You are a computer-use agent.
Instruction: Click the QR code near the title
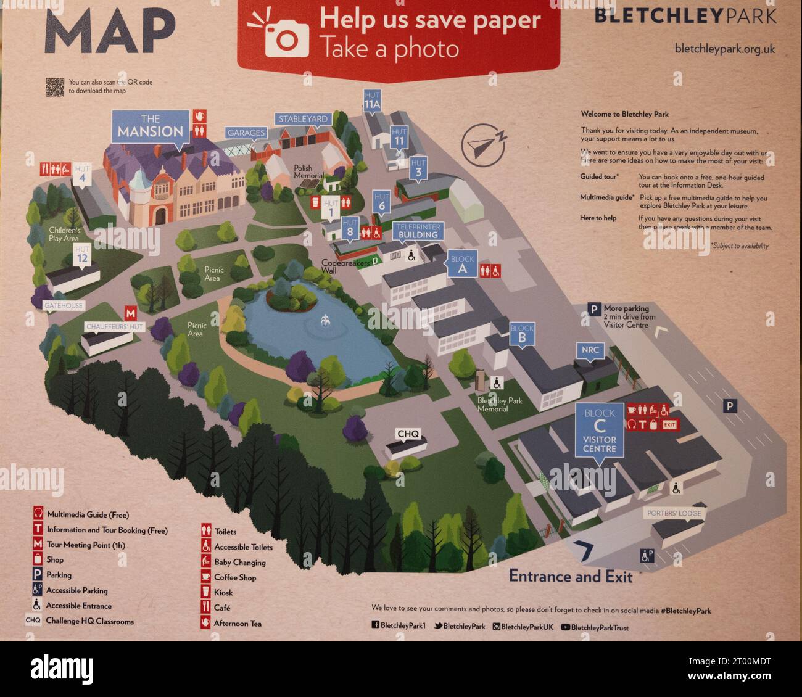pyautogui.click(x=54, y=86)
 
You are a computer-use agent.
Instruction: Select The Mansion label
pyautogui.click(x=151, y=126)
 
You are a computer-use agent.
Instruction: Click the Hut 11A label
pyautogui.click(x=372, y=100)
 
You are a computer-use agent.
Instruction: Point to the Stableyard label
pyautogui.click(x=303, y=119)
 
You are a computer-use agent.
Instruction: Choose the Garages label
pyautogui.click(x=246, y=133)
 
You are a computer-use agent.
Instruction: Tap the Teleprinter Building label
pyautogui.click(x=418, y=231)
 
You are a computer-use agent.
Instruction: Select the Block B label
pyautogui.click(x=522, y=333)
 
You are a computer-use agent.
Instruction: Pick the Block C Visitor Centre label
pyautogui.click(x=599, y=430)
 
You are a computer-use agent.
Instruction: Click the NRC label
pyautogui.click(x=590, y=350)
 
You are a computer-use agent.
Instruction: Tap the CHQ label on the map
pyautogui.click(x=408, y=434)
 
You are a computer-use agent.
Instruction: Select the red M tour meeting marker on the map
pyautogui.click(x=130, y=312)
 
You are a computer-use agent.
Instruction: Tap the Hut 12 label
pyautogui.click(x=82, y=254)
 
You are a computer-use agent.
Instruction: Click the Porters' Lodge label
pyautogui.click(x=674, y=513)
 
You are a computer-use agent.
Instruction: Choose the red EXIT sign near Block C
pyautogui.click(x=669, y=425)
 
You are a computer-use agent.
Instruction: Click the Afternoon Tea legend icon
pyautogui.click(x=205, y=623)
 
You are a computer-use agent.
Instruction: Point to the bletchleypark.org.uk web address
pyautogui.click(x=724, y=49)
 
